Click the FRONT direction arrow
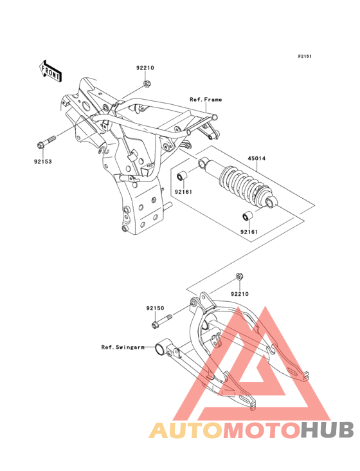(51, 71)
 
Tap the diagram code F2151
(305, 56)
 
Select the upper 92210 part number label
(145, 68)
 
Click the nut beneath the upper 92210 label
(147, 84)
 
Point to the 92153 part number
(43, 162)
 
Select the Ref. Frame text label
(206, 100)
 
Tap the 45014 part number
(256, 158)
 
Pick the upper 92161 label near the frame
(183, 192)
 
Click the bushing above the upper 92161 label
(182, 176)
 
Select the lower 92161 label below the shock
(249, 232)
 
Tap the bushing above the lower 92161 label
(248, 216)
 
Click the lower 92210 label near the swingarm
(240, 294)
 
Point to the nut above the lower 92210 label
(239, 276)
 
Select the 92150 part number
(156, 308)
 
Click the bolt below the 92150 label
(162, 321)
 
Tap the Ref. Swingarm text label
(123, 347)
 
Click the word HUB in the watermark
(328, 430)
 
